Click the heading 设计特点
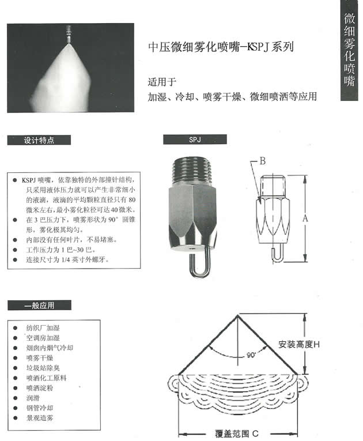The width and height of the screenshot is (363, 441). [39, 140]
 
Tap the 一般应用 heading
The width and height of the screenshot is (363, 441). [39, 306]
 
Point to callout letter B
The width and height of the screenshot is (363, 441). [263, 161]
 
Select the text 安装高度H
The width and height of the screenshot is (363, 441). [298, 344]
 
